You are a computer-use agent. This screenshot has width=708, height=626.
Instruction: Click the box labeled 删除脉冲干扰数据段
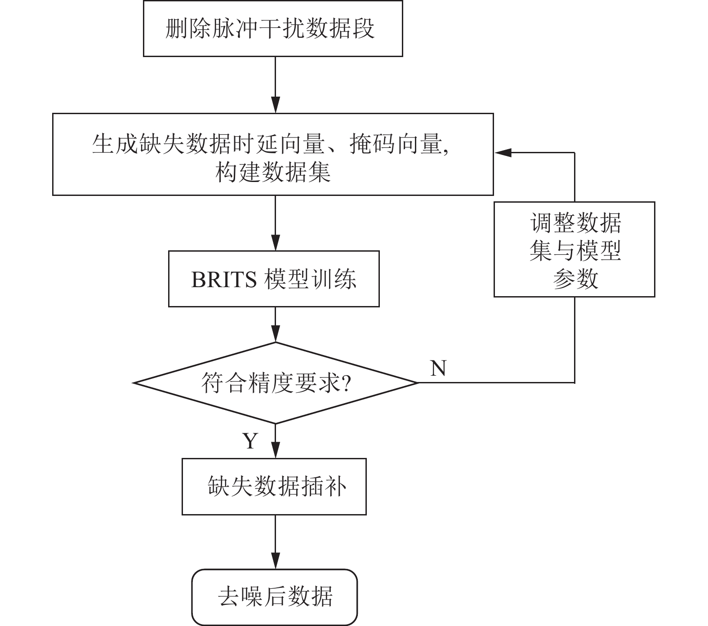click(272, 28)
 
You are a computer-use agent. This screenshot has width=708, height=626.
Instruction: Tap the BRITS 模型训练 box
click(273, 279)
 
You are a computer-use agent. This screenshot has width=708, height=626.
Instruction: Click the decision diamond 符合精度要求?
click(275, 383)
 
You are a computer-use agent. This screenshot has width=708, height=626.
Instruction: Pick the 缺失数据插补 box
click(274, 487)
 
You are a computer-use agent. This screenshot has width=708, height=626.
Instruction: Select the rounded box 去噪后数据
click(275, 597)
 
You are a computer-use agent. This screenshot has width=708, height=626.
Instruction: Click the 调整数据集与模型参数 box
click(574, 249)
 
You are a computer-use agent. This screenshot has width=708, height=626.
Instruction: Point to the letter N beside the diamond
click(438, 368)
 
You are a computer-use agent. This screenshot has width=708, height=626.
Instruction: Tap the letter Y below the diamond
click(250, 441)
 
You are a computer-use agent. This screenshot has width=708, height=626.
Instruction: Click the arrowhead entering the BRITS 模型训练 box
click(275, 243)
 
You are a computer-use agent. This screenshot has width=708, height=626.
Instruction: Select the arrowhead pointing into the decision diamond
click(275, 335)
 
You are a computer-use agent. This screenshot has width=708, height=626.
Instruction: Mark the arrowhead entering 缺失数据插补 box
click(275, 451)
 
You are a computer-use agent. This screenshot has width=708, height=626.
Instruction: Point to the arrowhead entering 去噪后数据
click(275, 562)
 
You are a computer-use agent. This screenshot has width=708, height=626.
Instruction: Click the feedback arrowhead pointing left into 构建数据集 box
click(503, 152)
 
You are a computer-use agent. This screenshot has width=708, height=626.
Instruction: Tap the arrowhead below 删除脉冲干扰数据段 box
click(275, 105)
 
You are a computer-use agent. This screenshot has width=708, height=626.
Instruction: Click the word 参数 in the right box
click(575, 278)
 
